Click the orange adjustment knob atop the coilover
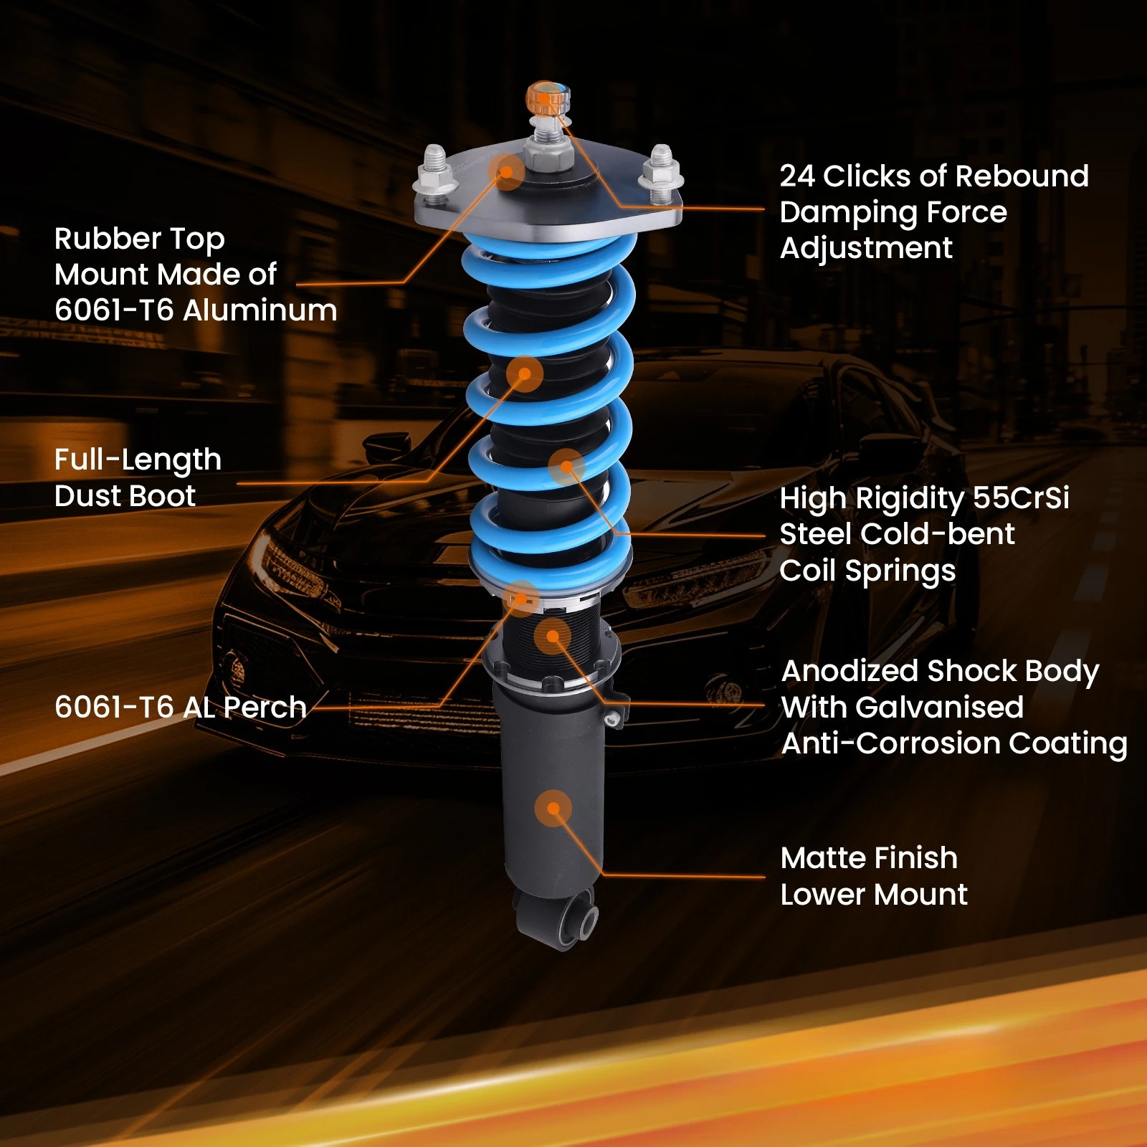547,98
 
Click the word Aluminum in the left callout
260,310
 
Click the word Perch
265,708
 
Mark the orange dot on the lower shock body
553,809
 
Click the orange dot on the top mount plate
507,171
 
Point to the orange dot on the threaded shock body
552,636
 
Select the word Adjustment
866,248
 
